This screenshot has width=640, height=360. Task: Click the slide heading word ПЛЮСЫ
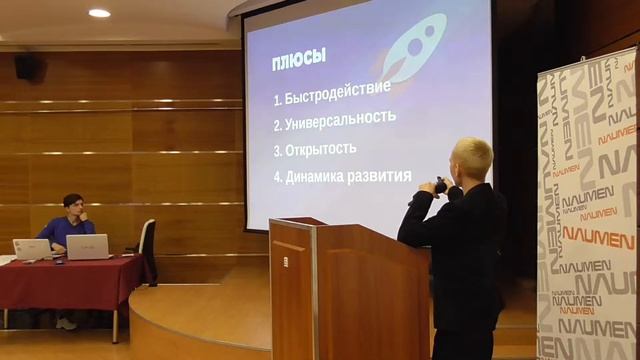299,60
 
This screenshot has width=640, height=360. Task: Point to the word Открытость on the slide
321,149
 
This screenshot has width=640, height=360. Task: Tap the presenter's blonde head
471,158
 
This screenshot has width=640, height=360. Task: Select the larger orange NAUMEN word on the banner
598,235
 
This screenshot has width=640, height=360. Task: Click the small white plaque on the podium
285,262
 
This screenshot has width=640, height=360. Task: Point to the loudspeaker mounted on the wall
28,67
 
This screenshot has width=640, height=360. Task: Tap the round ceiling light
99,13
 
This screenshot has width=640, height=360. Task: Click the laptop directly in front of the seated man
87,247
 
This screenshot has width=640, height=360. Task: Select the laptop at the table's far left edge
31,249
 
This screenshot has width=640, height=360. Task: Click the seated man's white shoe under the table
66,323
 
